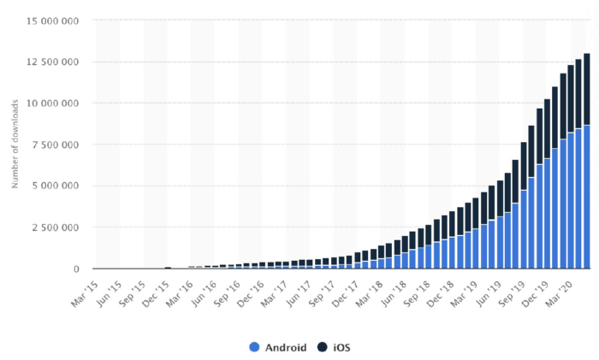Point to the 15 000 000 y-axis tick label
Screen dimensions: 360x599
(x=53, y=21)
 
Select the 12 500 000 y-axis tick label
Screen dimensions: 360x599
(x=53, y=62)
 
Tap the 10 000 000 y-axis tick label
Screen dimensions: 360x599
(x=53, y=103)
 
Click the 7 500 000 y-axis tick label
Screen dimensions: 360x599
(x=57, y=145)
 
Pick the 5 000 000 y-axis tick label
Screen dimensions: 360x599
(x=57, y=186)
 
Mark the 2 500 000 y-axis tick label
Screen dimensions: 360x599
(x=57, y=227)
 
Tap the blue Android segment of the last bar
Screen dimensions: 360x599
(x=586, y=197)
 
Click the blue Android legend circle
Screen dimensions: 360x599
(x=254, y=347)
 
